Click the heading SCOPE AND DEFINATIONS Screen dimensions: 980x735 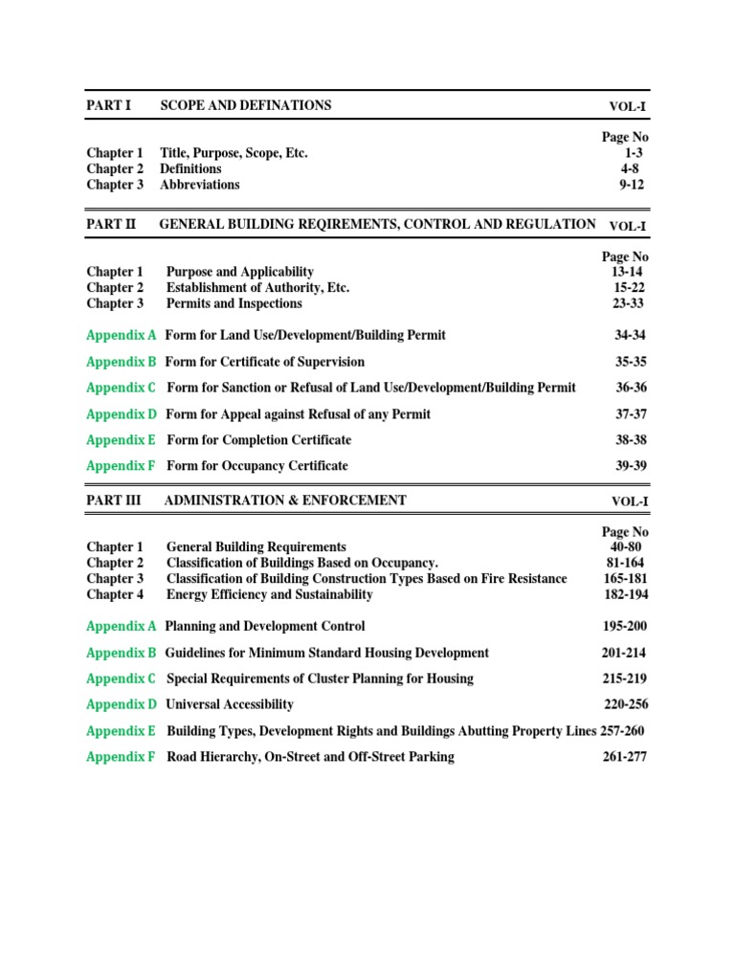pyautogui.click(x=245, y=105)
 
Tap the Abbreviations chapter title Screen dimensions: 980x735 pyautogui.click(x=200, y=185)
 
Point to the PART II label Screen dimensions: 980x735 pyautogui.click(x=112, y=224)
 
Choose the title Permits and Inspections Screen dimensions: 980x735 pyautogui.click(x=234, y=303)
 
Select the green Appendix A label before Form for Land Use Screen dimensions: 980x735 pyautogui.click(x=122, y=336)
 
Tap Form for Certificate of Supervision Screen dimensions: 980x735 pyautogui.click(x=264, y=362)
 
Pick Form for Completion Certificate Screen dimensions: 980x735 pyautogui.click(x=258, y=440)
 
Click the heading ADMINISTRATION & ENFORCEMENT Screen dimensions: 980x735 pyautogui.click(x=285, y=501)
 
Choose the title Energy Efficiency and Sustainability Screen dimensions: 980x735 pyautogui.click(x=269, y=594)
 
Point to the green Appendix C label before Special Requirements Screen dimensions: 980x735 pyautogui.click(x=122, y=679)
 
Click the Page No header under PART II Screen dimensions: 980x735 pyautogui.click(x=625, y=256)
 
